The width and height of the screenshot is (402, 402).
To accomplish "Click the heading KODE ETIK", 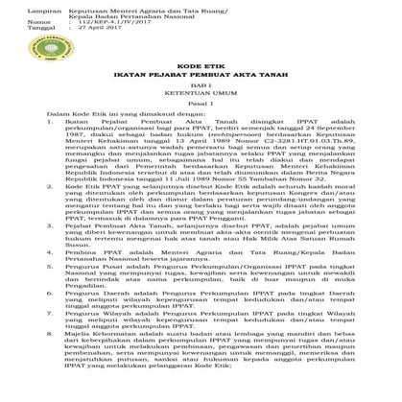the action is pos(200,85).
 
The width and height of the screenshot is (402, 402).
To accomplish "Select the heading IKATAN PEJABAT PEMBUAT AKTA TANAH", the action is pos(200,97).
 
